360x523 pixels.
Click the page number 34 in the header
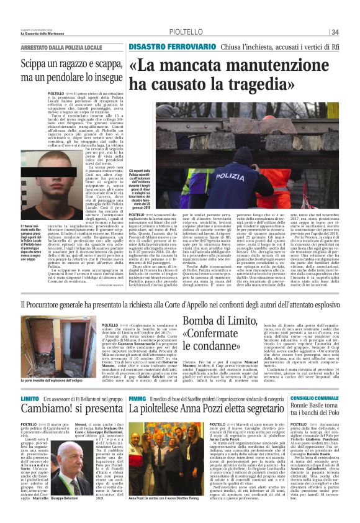pos(352,32)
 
